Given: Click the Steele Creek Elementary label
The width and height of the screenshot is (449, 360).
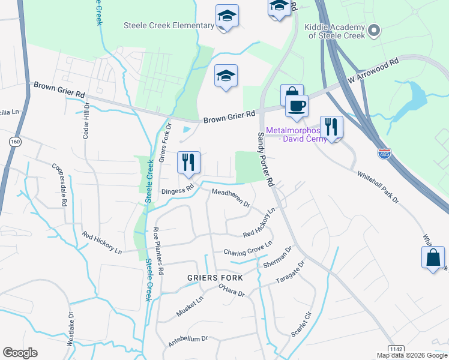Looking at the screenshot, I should coord(169,25).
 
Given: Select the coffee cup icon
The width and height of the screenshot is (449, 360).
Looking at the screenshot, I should coord(296,106).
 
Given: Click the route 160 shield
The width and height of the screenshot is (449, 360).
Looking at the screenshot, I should coord(15,141).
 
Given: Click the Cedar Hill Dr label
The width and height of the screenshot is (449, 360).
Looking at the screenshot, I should coord(86,121).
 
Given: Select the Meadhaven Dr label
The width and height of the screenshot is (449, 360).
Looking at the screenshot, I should coord(231,197).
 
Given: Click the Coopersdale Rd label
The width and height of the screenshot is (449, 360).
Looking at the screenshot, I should coord(58,185).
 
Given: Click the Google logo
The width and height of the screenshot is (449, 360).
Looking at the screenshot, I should coord(20,352).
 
